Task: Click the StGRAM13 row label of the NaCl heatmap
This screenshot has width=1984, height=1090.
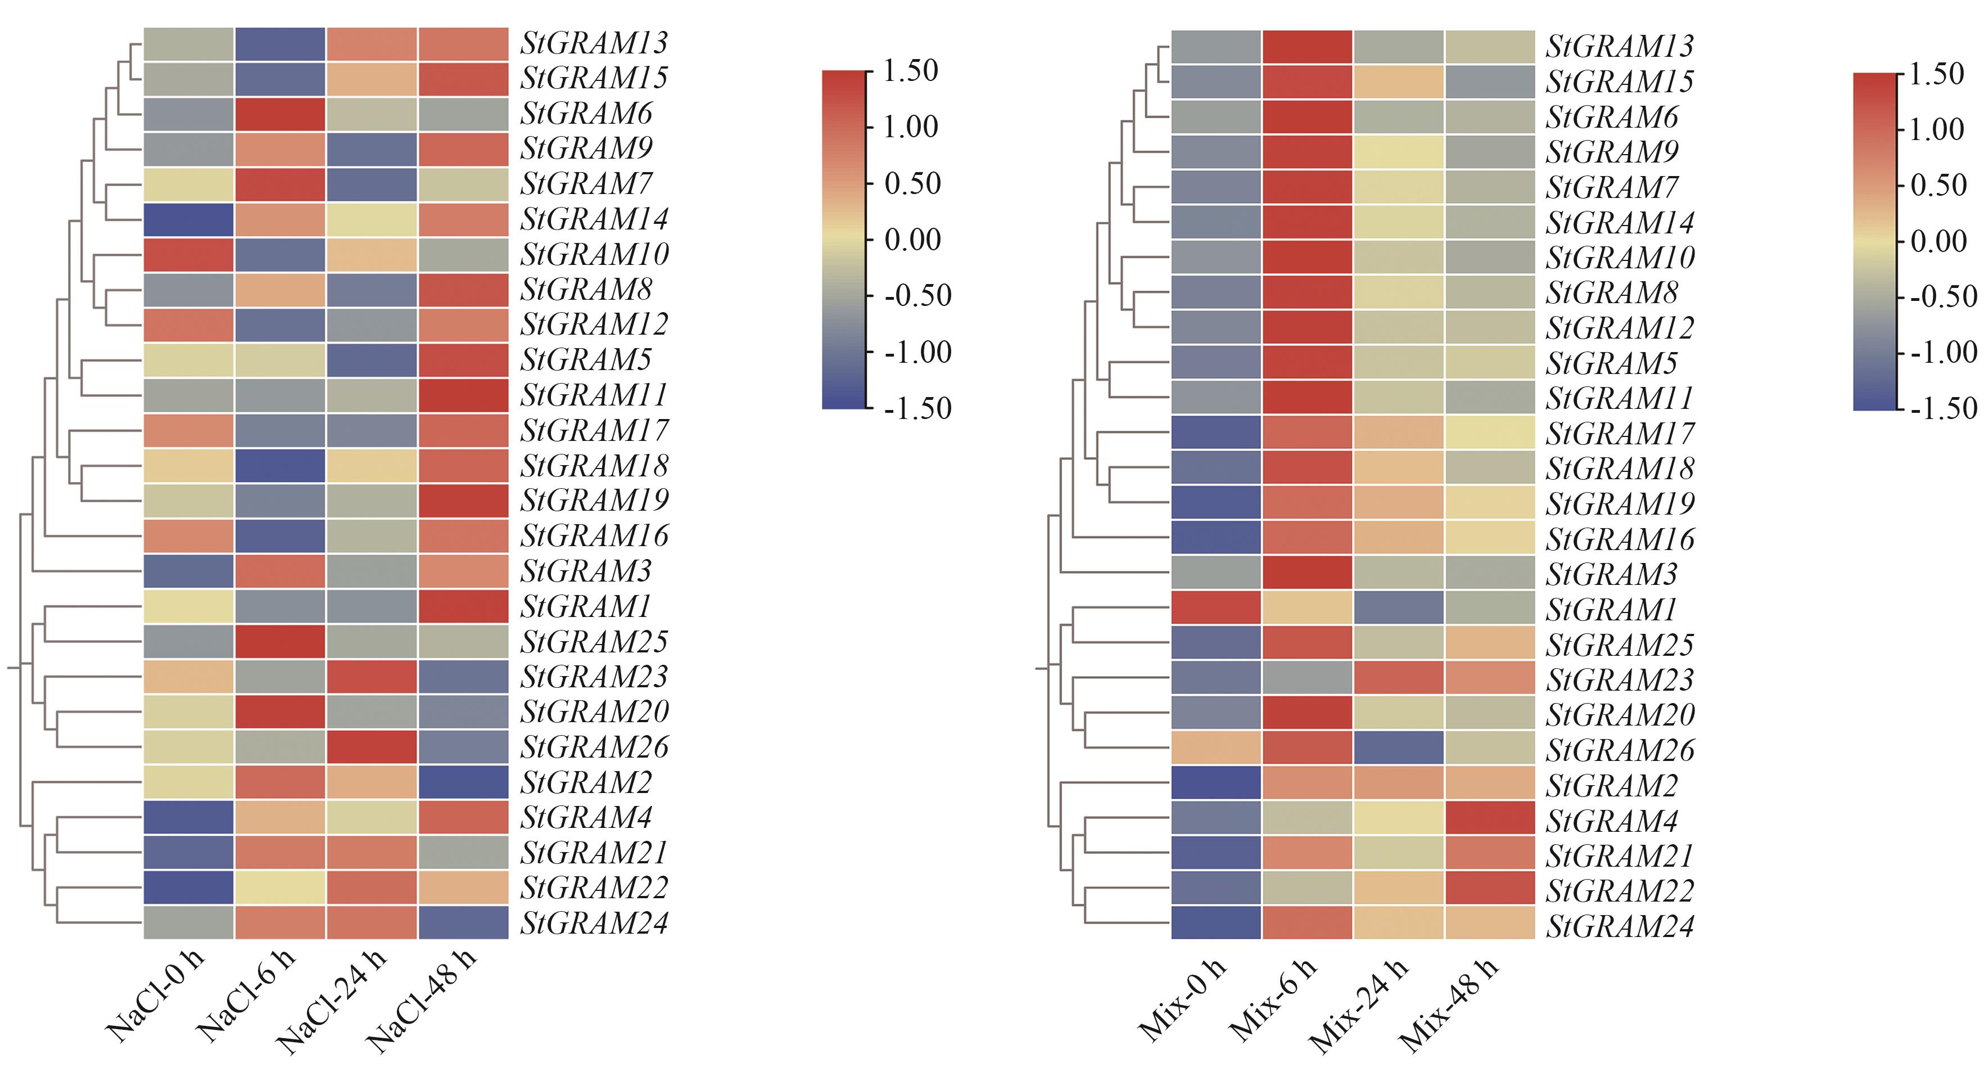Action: [594, 43]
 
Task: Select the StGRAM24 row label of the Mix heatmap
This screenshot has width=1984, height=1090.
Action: [1620, 926]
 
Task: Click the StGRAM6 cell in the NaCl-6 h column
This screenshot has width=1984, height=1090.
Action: [281, 114]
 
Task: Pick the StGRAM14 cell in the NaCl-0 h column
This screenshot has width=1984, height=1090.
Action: [189, 219]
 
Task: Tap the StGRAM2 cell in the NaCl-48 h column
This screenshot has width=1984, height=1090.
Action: [463, 782]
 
